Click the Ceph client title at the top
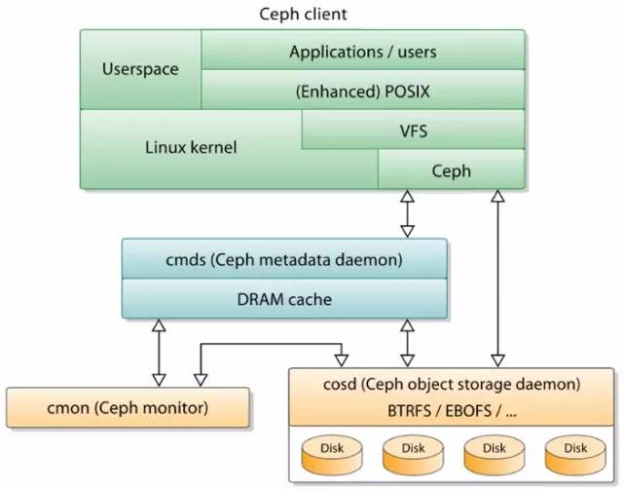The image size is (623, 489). tap(303, 15)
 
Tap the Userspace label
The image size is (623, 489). tap(140, 70)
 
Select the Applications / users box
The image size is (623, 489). tap(362, 51)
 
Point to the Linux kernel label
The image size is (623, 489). tap(191, 148)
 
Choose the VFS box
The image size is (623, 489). tap(413, 130)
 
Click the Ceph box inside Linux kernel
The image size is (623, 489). tap(451, 170)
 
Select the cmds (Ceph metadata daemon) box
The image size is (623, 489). tap(284, 260)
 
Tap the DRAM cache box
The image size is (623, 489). tap(284, 299)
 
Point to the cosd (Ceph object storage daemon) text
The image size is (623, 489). tap(453, 384)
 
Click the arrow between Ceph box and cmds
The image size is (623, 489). tap(408, 213)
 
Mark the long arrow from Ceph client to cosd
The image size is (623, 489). tap(498, 278)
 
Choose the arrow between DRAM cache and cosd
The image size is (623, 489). tap(408, 343)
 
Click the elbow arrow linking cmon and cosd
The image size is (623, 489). tap(273, 344)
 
